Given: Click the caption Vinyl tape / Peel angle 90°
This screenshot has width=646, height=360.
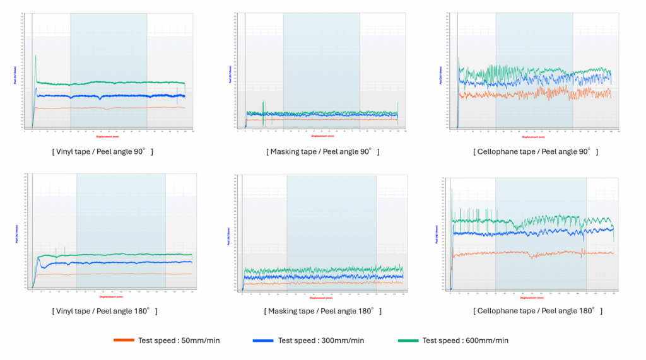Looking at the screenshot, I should click(x=102, y=152).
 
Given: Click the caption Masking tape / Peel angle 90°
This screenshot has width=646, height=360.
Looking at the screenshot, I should click(x=324, y=152).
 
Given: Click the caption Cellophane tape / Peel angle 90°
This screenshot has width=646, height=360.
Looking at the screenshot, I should click(x=536, y=152).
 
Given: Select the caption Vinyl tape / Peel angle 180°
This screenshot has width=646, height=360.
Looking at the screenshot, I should click(x=104, y=311).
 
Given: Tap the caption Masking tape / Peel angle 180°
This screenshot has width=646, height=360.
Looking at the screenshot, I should click(x=323, y=311).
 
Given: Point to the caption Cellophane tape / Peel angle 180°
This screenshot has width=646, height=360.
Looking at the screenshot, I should click(x=537, y=311).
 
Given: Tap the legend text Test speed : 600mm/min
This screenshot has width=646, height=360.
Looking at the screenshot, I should click(x=466, y=341).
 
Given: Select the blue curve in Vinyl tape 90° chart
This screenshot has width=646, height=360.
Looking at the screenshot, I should click(x=126, y=96).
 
